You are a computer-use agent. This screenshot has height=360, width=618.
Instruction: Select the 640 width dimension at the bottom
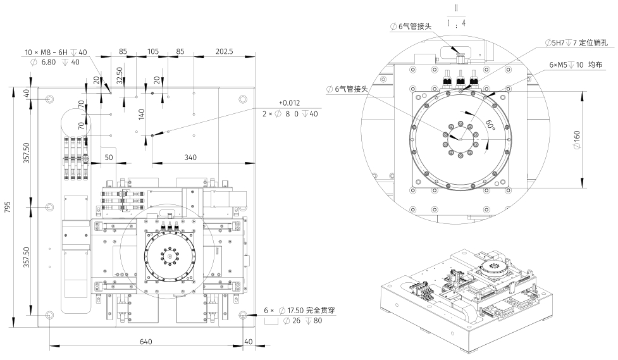[146, 342]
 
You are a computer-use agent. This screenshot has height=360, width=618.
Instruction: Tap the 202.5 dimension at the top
[225, 51]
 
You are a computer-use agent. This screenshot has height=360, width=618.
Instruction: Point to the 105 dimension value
[152, 51]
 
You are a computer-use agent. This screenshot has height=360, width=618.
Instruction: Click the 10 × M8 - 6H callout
[56, 52]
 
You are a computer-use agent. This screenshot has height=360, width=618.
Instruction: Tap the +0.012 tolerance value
[290, 103]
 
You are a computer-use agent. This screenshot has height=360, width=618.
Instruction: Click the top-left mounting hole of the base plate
[50, 99]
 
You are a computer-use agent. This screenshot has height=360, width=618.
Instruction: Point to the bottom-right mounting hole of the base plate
[244, 314]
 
